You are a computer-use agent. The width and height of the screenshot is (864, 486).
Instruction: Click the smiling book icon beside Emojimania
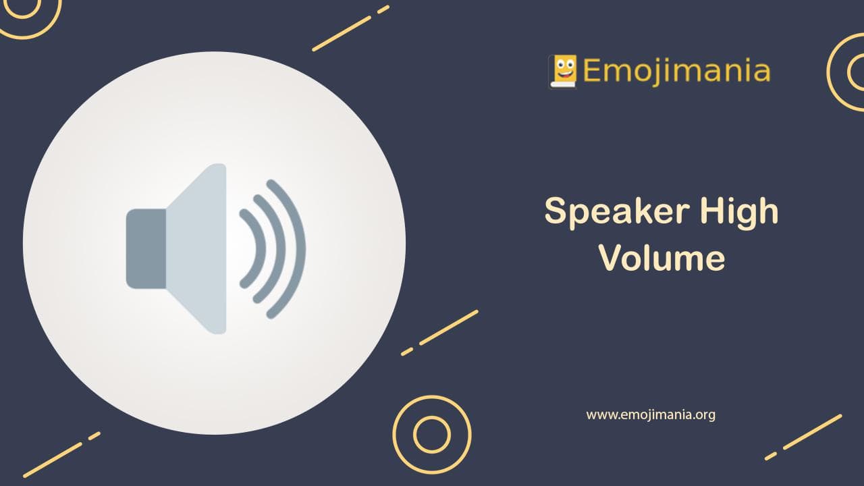click(x=563, y=71)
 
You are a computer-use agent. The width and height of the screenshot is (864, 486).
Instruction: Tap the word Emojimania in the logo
click(x=676, y=70)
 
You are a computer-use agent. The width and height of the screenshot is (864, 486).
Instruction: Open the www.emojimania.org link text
click(x=650, y=414)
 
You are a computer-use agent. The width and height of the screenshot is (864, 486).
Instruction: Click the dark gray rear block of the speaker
click(x=146, y=248)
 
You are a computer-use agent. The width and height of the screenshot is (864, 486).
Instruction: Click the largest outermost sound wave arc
click(x=298, y=248)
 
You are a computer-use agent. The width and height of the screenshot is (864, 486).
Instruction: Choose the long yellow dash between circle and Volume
click(x=449, y=327)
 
